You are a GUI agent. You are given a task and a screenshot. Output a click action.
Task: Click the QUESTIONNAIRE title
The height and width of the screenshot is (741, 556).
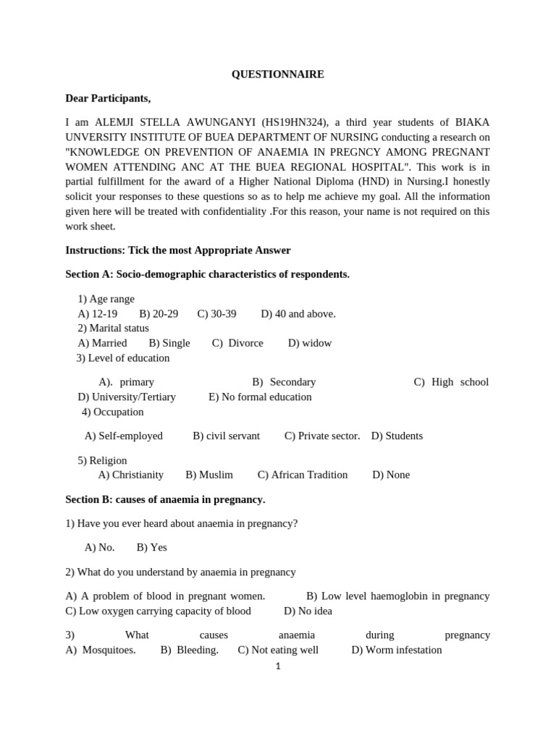click(277, 75)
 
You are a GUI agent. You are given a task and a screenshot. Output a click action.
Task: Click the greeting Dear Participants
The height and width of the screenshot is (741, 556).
click(108, 98)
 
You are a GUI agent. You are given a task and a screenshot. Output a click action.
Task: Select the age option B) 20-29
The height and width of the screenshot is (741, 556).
click(159, 313)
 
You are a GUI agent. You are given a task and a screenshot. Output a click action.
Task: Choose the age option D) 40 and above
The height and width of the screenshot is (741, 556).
click(298, 313)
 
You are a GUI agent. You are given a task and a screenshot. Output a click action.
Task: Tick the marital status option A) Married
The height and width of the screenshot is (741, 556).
click(102, 343)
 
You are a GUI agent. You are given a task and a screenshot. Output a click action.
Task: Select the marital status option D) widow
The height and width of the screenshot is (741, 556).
click(310, 343)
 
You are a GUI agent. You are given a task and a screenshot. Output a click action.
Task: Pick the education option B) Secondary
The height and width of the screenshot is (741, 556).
click(284, 382)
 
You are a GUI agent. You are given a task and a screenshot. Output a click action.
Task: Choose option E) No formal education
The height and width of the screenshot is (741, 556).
click(260, 397)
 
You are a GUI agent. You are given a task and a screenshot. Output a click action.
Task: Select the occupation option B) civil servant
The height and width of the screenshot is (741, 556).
click(226, 436)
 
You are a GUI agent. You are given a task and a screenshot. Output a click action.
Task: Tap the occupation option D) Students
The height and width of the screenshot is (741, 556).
click(397, 436)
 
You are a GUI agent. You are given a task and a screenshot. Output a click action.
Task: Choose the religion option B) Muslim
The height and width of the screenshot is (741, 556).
click(209, 475)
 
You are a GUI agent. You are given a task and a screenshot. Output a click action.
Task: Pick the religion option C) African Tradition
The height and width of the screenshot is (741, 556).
click(303, 475)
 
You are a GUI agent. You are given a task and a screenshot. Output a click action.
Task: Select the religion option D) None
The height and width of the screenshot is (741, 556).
click(391, 475)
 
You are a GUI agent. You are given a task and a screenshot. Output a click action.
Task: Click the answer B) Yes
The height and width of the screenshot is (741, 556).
click(151, 547)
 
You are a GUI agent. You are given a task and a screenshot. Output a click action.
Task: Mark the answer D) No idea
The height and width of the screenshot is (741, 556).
click(308, 611)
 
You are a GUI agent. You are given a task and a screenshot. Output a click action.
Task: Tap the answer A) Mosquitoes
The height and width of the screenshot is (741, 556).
click(101, 650)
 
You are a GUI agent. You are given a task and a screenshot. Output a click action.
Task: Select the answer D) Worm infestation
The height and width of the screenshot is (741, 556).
click(396, 650)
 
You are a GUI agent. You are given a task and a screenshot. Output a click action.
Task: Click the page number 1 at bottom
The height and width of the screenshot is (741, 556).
click(277, 666)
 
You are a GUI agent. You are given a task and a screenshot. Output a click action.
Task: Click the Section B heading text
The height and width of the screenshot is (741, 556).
click(165, 499)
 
